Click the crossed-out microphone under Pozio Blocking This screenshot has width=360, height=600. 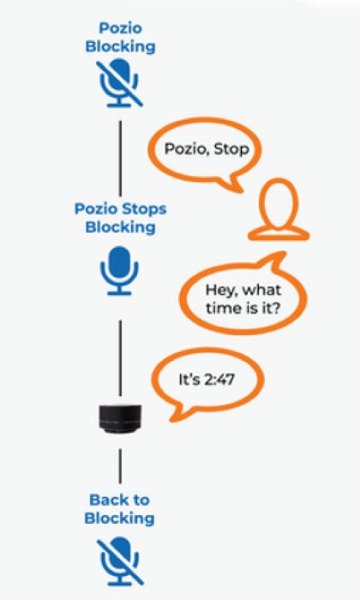pyautogui.click(x=119, y=83)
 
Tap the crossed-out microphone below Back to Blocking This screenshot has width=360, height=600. pyautogui.click(x=120, y=561)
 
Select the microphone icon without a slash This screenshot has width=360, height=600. pyautogui.click(x=119, y=271)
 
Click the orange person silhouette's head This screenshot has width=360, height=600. pyautogui.click(x=279, y=203)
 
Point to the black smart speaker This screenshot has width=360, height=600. pyautogui.click(x=120, y=418)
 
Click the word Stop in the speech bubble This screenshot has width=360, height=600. pyautogui.click(x=231, y=149)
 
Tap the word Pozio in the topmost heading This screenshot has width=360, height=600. pyautogui.click(x=121, y=28)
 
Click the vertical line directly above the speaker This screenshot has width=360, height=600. pyautogui.click(x=121, y=358)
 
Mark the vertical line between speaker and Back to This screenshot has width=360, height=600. pyautogui.click(x=120, y=466)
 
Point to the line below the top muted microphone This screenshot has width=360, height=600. pyautogui.click(x=121, y=159)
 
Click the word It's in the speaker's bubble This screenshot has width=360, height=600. pyautogui.click(x=189, y=379)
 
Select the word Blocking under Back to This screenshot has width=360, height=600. pyautogui.click(x=120, y=519)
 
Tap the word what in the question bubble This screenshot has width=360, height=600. pyautogui.click(x=262, y=290)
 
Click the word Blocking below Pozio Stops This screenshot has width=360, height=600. pyautogui.click(x=121, y=227)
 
